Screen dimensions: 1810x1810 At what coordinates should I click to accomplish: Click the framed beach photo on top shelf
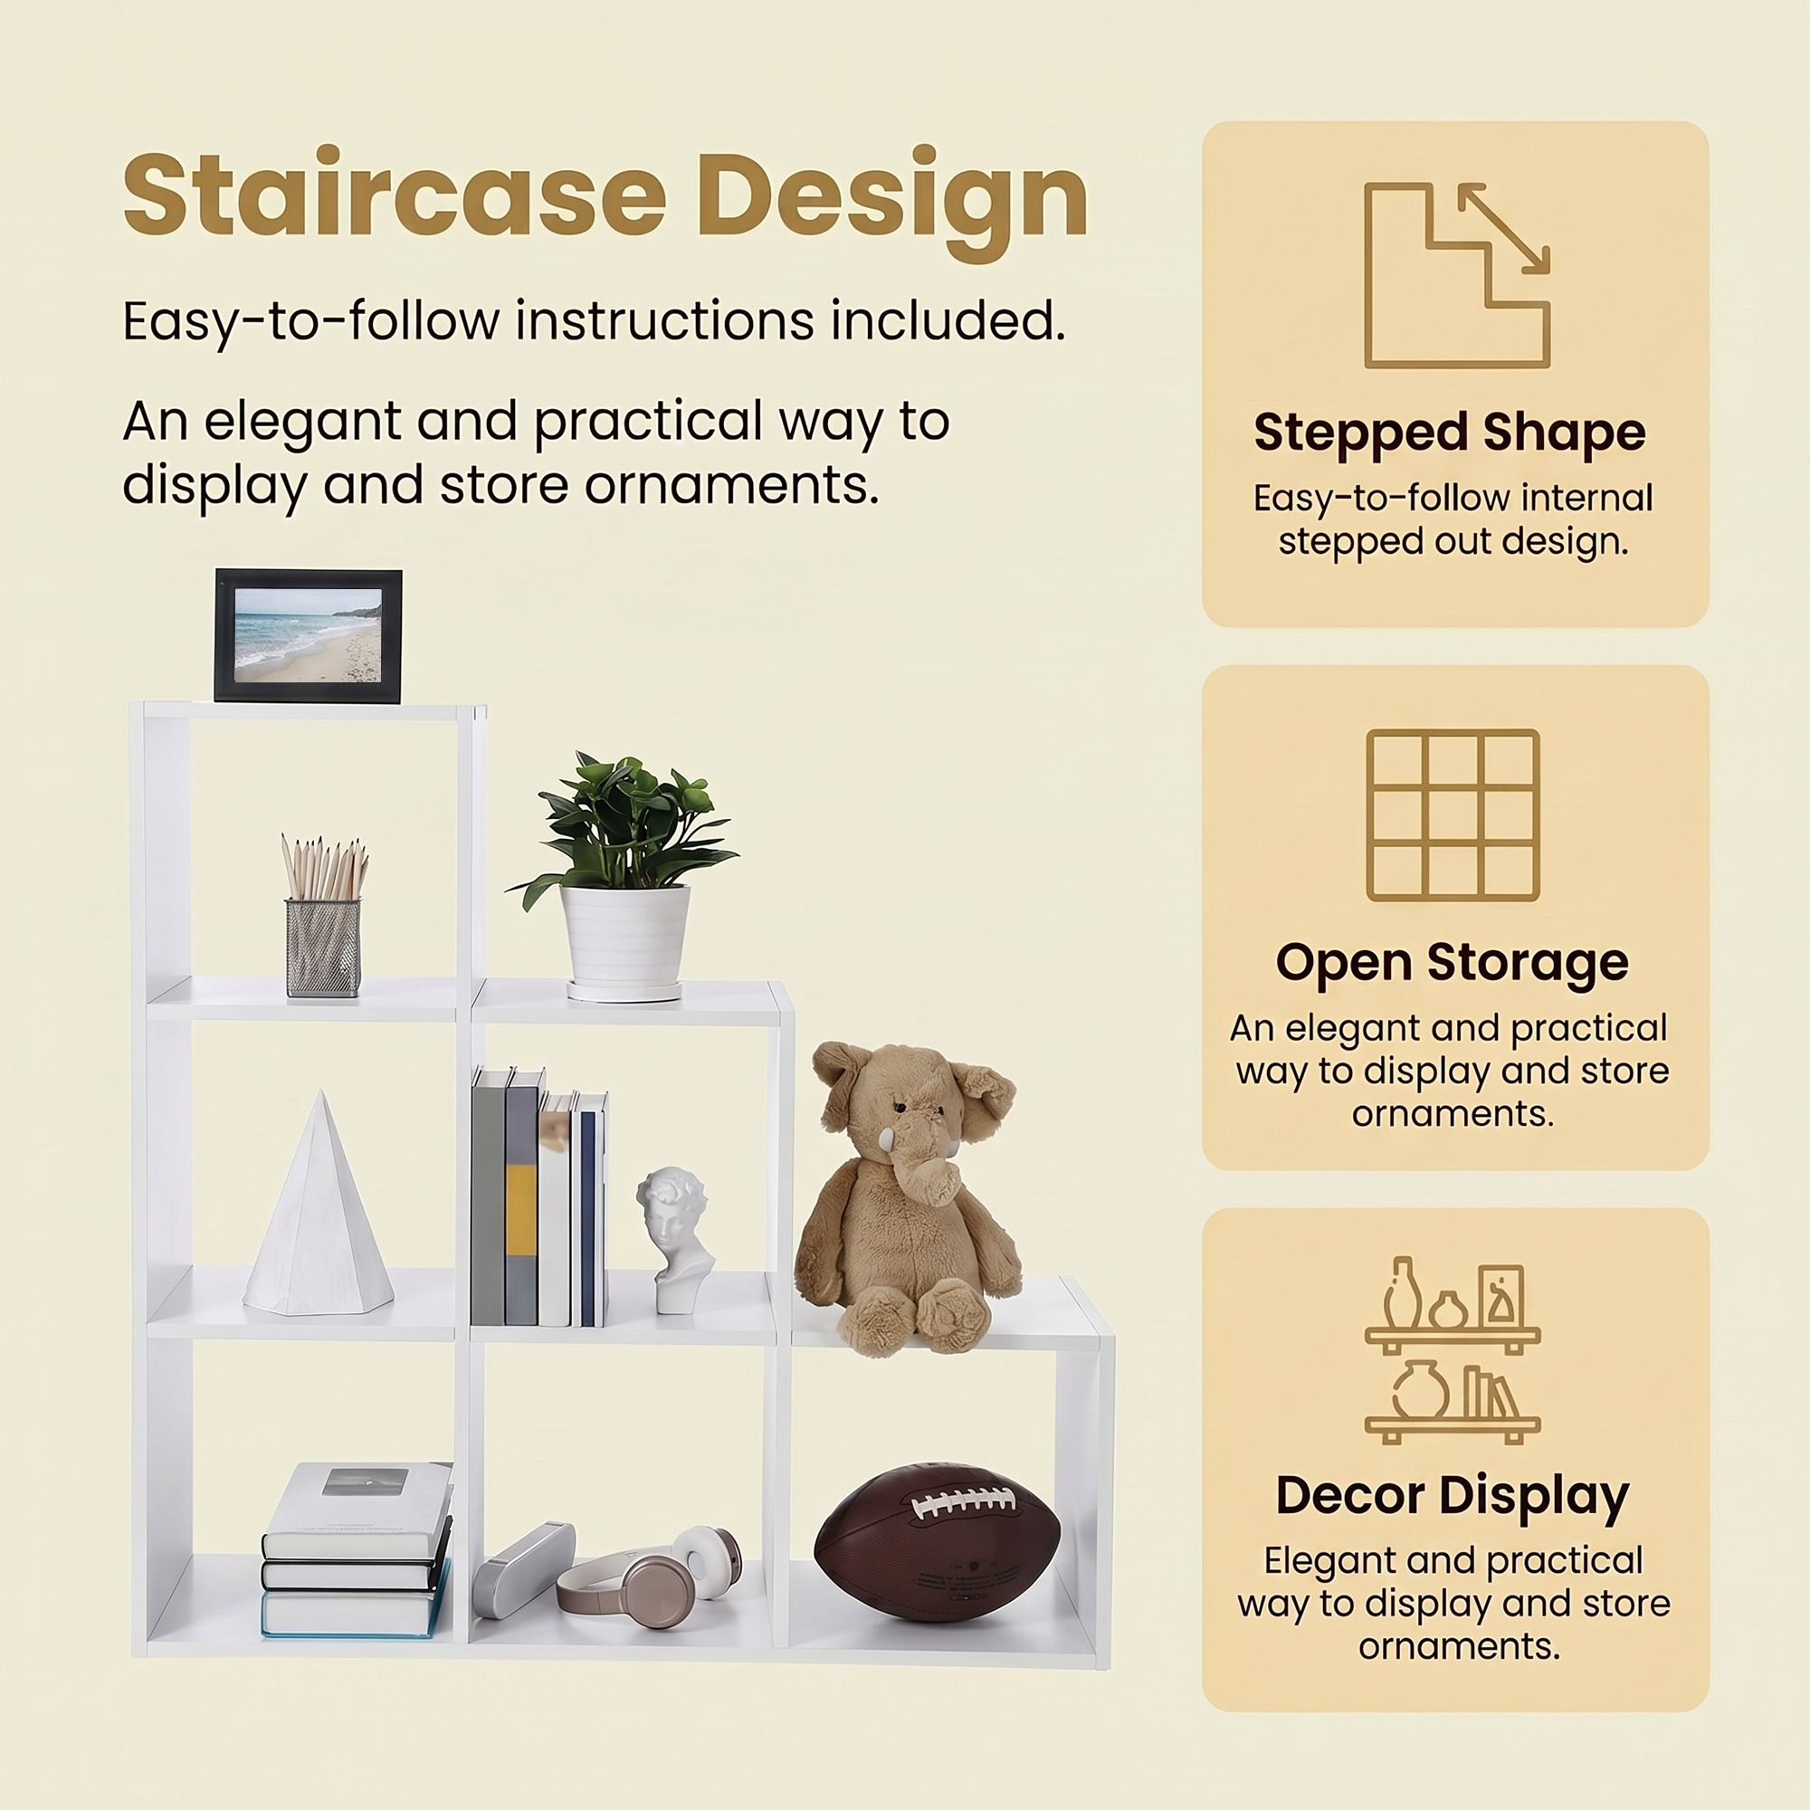309,635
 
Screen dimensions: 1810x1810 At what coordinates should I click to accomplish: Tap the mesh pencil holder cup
323,948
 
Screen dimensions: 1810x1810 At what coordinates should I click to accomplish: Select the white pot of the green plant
624,939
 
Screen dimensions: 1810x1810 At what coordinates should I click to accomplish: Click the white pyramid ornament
319,1203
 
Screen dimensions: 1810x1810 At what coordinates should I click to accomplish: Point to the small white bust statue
673,1239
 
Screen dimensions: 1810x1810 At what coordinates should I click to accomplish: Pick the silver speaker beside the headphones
523,1569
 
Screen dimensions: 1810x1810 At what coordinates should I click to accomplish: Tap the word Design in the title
892,201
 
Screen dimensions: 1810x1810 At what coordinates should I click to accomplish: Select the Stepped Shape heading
1449,433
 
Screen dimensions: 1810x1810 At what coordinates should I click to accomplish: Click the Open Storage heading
1453,962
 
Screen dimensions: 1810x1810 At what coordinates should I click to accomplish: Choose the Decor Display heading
1453,1497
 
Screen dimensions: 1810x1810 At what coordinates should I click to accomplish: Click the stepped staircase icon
1457,274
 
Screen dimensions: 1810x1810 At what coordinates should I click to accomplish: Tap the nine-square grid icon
1453,815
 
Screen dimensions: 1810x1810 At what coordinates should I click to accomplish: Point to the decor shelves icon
1453,1350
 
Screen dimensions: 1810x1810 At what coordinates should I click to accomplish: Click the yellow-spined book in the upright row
522,1197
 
